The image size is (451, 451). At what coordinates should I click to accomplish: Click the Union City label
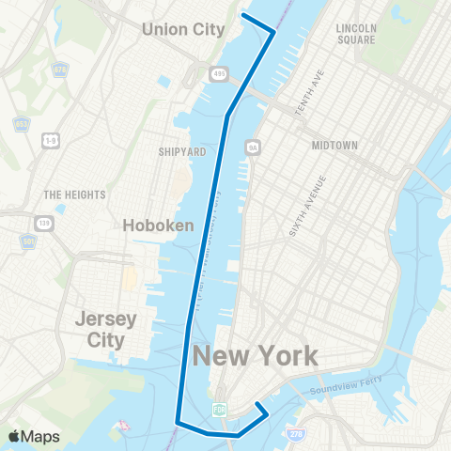pos(183,29)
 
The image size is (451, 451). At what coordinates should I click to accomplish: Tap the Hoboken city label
pos(159,225)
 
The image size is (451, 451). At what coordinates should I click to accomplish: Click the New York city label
pos(256,356)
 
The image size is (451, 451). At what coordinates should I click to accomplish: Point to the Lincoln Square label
pos(356,34)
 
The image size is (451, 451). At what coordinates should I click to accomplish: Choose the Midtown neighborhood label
pos(334,146)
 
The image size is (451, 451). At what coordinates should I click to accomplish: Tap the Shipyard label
pos(182,150)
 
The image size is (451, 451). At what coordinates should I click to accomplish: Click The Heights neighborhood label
pos(74,194)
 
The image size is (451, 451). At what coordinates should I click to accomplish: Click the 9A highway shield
pos(251,147)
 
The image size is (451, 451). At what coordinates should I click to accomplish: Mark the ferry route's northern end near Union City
pos(243,14)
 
